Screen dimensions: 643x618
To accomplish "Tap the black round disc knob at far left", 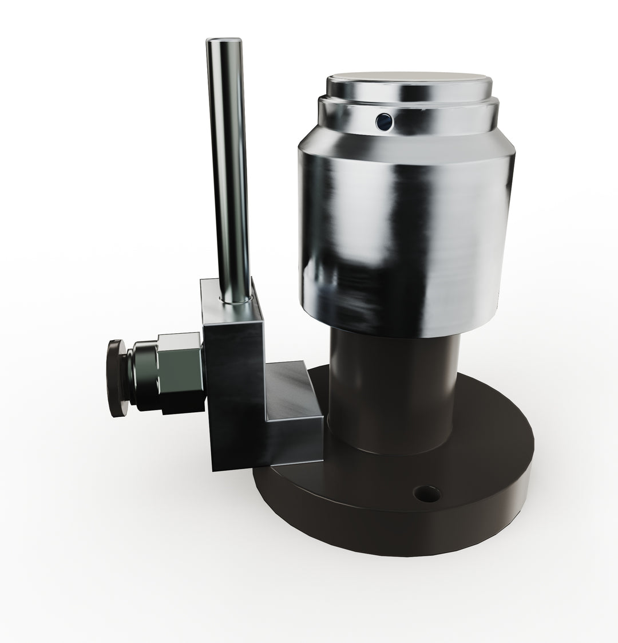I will point(116,378).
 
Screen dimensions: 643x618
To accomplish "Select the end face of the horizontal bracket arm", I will point(298,441).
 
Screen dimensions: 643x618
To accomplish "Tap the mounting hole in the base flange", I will point(427,493).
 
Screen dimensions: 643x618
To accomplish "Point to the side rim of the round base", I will point(401,532).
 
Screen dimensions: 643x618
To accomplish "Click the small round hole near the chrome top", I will point(383,121).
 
